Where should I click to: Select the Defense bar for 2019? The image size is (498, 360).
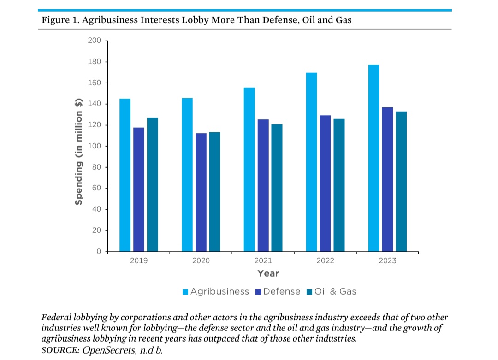click(139, 189)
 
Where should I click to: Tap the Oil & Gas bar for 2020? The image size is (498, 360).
click(214, 192)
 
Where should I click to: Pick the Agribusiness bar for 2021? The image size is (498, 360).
click(249, 170)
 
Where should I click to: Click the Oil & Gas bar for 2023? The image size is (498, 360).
click(401, 182)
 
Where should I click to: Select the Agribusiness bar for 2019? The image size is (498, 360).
click(125, 175)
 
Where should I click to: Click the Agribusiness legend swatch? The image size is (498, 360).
click(185, 292)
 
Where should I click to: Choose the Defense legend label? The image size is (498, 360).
click(282, 292)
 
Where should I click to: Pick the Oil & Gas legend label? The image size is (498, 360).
click(335, 292)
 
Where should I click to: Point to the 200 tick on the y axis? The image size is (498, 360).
click(95, 41)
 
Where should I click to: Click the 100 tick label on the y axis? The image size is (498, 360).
click(95, 146)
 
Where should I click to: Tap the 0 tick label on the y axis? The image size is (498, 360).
click(98, 252)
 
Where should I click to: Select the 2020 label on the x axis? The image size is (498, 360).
click(201, 261)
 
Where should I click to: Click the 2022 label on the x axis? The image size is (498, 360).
click(325, 261)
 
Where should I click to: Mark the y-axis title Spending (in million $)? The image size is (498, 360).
click(79, 152)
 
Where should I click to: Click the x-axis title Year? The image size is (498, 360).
click(268, 274)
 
